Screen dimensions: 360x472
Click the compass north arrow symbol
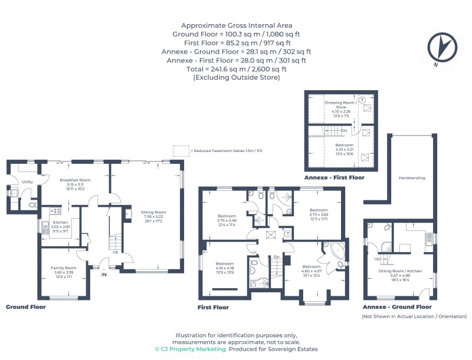(x=441, y=47)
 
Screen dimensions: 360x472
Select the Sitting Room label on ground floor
(x=153, y=212)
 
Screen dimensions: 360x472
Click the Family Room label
(x=64, y=267)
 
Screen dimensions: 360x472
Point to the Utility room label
(x=27, y=182)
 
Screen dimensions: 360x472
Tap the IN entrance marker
(x=104, y=275)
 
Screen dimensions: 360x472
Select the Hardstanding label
(x=412, y=177)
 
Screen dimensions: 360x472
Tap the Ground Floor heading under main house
(x=25, y=306)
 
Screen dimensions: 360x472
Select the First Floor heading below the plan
(x=213, y=307)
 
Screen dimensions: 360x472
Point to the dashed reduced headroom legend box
(x=179, y=151)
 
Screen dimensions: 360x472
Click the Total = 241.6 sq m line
(x=236, y=68)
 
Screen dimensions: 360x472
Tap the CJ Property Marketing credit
(x=190, y=349)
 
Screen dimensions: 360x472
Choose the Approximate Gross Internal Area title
(x=236, y=25)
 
